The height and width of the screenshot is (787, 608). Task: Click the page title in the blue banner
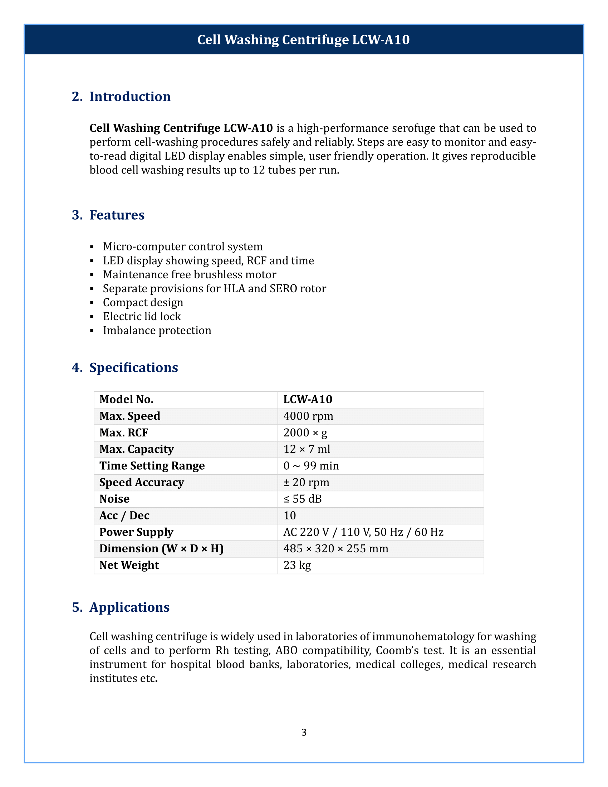(303, 40)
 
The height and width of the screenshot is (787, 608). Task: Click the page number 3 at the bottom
(304, 732)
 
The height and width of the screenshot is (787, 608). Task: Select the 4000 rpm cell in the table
(308, 416)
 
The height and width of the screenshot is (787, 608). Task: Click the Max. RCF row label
(123, 433)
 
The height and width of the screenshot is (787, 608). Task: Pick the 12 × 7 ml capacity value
(307, 449)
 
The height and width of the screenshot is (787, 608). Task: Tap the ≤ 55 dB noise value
(302, 499)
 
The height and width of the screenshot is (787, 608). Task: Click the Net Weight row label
(129, 565)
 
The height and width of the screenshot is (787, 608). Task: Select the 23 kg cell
(297, 565)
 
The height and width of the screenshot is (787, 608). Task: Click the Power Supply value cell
(363, 532)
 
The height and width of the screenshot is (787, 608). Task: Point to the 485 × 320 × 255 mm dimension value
(336, 549)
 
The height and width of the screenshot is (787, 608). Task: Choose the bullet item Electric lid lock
(142, 316)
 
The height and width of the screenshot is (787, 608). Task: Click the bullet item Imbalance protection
(157, 331)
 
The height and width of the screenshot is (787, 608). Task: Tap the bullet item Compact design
(143, 303)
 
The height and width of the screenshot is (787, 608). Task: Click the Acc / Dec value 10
(290, 515)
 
